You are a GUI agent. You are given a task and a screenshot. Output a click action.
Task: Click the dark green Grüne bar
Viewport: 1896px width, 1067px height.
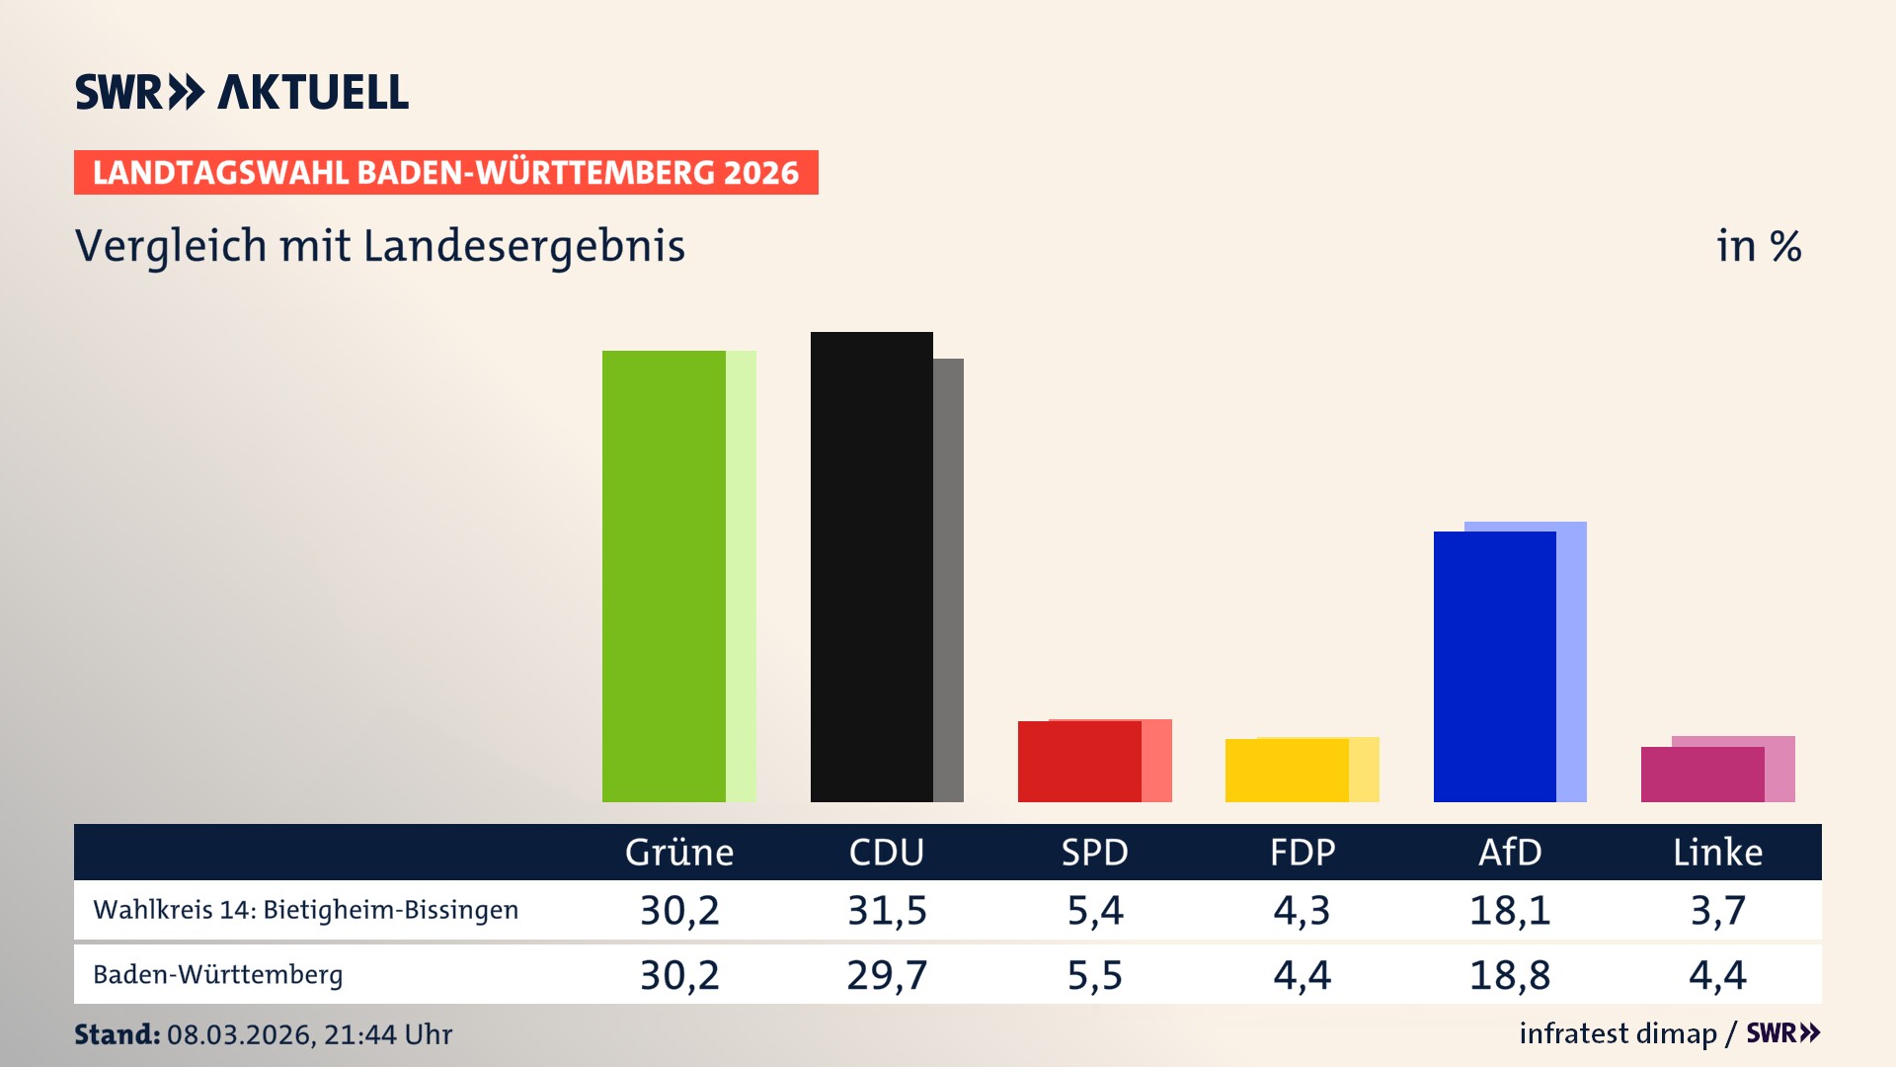(x=664, y=576)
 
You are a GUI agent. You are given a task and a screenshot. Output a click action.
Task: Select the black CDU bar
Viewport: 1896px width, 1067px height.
(x=871, y=567)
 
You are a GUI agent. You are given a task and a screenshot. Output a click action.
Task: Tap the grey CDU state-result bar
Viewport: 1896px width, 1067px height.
(x=948, y=581)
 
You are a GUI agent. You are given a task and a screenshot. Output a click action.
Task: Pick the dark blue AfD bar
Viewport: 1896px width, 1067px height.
(x=1494, y=667)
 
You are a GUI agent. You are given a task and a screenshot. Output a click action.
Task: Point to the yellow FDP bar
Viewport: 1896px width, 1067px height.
(x=1287, y=771)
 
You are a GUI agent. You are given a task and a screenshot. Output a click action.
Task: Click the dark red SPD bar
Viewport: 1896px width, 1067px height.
(x=1079, y=762)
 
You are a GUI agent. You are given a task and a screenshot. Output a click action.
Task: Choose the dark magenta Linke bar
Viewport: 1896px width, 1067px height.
(x=1702, y=775)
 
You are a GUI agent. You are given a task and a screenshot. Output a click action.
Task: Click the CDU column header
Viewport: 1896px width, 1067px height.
(x=887, y=853)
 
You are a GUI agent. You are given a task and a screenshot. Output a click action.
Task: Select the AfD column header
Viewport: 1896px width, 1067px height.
(x=1510, y=853)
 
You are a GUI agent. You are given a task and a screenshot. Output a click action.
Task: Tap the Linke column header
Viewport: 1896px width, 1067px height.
(x=1717, y=853)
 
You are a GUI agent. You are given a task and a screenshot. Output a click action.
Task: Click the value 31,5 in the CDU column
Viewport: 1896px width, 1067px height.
(x=887, y=910)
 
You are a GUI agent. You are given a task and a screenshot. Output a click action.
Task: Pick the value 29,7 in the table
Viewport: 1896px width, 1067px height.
(x=887, y=975)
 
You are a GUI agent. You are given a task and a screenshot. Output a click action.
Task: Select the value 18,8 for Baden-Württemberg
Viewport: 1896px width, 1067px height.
(x=1510, y=975)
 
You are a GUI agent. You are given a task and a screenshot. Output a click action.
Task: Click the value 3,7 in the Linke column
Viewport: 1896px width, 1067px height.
(x=1717, y=910)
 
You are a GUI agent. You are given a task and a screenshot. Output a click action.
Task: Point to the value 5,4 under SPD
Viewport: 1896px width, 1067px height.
(x=1094, y=910)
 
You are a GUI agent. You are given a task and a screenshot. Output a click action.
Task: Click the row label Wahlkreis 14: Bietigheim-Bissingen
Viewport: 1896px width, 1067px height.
(x=305, y=910)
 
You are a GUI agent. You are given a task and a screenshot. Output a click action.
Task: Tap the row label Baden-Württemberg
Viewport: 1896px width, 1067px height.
(x=218, y=975)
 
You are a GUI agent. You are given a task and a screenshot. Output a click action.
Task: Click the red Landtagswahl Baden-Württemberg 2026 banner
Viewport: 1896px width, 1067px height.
(x=445, y=172)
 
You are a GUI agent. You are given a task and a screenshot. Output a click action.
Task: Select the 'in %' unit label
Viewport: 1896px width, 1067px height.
(x=1759, y=246)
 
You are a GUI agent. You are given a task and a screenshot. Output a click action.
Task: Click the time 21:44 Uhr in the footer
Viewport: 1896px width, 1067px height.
(x=387, y=1034)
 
